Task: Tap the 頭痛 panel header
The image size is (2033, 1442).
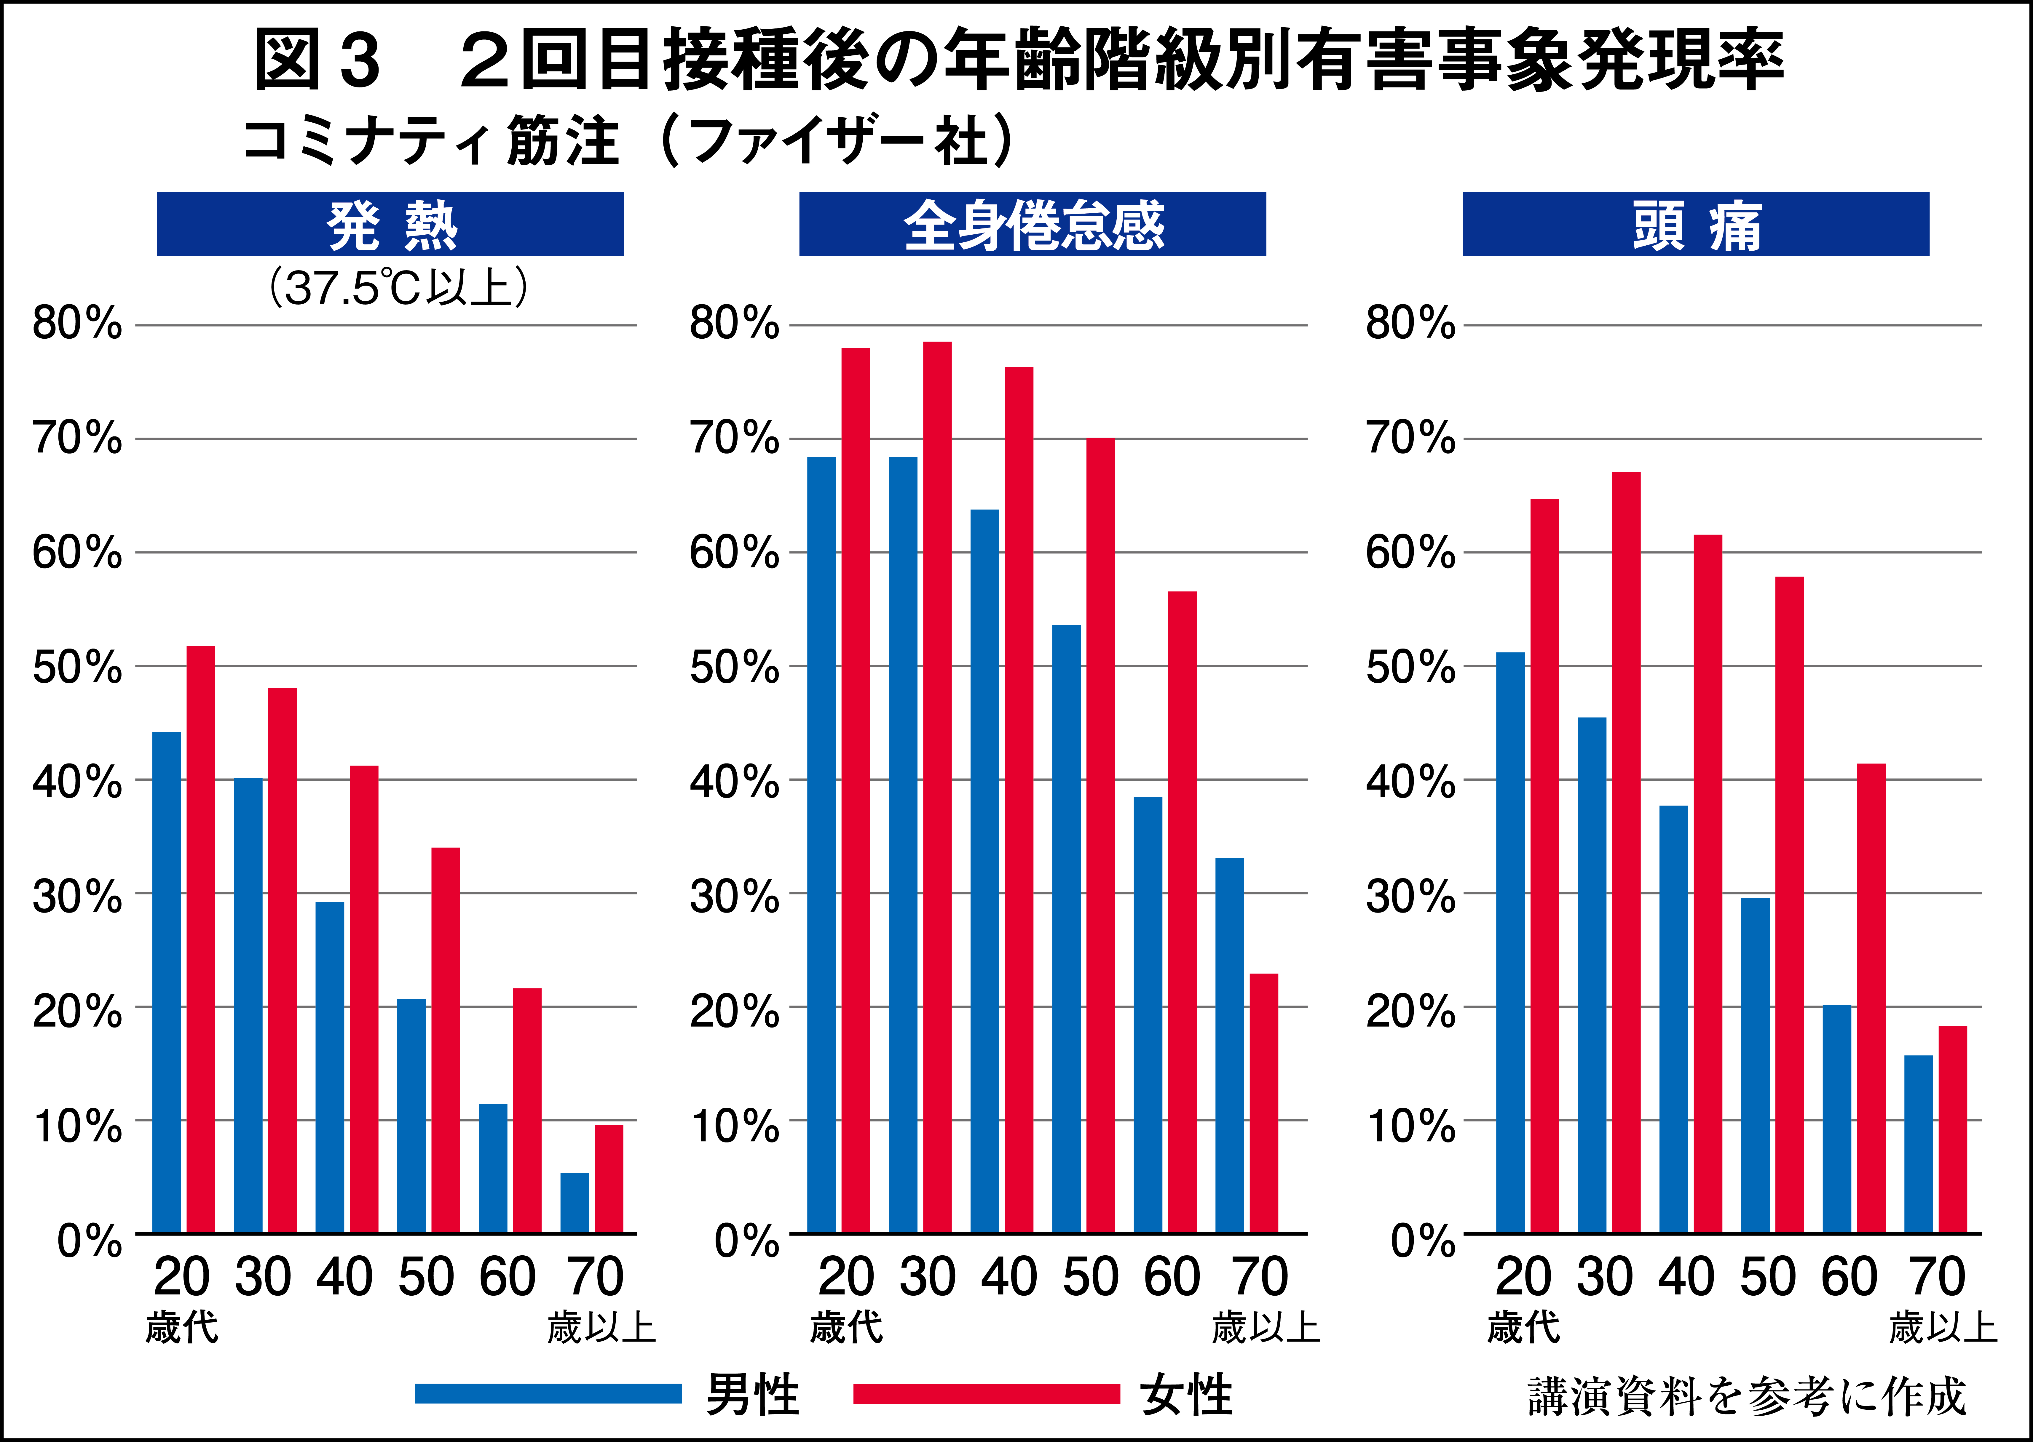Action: pyautogui.click(x=1695, y=225)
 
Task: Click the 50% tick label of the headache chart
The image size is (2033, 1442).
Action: pyautogui.click(x=1410, y=668)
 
